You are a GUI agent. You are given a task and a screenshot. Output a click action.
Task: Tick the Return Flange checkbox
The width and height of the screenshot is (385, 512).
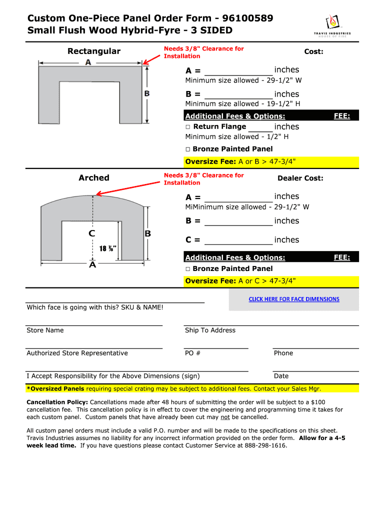tap(188, 127)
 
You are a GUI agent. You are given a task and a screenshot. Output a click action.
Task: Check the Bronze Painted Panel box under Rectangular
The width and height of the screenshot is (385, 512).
tap(188, 149)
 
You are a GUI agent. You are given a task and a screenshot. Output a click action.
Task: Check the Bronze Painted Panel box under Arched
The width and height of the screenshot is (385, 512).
tap(188, 269)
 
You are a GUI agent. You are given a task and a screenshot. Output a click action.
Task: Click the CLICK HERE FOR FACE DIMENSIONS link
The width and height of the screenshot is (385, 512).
tap(294, 299)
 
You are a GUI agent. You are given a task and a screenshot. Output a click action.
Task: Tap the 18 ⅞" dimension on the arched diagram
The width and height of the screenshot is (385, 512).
tap(107, 248)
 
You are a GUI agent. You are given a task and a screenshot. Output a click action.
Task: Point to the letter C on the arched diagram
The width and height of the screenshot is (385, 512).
tap(91, 233)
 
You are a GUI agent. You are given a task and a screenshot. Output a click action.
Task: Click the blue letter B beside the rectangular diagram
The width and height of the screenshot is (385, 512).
tap(147, 93)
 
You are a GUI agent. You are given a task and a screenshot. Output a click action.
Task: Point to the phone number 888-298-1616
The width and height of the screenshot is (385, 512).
tap(266, 445)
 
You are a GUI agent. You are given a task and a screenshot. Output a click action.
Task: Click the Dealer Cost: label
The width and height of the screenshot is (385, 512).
tap(300, 178)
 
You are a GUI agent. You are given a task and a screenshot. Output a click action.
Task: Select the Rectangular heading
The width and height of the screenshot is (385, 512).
tap(94, 51)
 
